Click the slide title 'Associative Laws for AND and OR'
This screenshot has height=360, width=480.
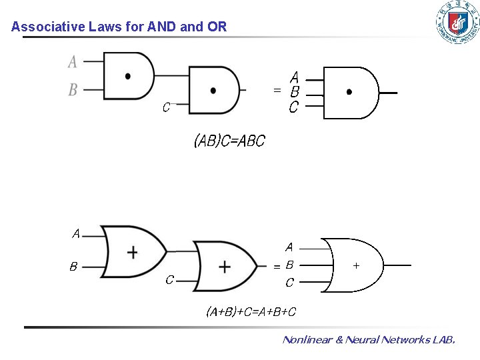click(x=119, y=27)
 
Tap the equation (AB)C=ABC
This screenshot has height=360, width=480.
click(x=229, y=141)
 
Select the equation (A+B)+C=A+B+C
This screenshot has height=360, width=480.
click(x=251, y=311)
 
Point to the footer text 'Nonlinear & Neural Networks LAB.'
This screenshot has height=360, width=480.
click(x=369, y=340)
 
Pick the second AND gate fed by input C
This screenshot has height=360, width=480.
click(x=214, y=91)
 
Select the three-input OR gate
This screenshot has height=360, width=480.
click(x=353, y=265)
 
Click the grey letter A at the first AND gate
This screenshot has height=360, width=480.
click(x=73, y=62)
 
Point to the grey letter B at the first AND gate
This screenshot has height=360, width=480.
click(x=73, y=89)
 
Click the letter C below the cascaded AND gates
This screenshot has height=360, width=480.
click(x=167, y=106)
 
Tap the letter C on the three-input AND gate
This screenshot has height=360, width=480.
click(x=293, y=107)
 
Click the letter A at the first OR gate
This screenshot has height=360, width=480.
click(x=76, y=234)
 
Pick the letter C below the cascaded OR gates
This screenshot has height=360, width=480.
click(x=169, y=280)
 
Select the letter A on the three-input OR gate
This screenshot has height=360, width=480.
click(x=289, y=247)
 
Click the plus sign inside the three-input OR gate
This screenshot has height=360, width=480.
click(x=356, y=265)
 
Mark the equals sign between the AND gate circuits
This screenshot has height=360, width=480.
click(x=277, y=90)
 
